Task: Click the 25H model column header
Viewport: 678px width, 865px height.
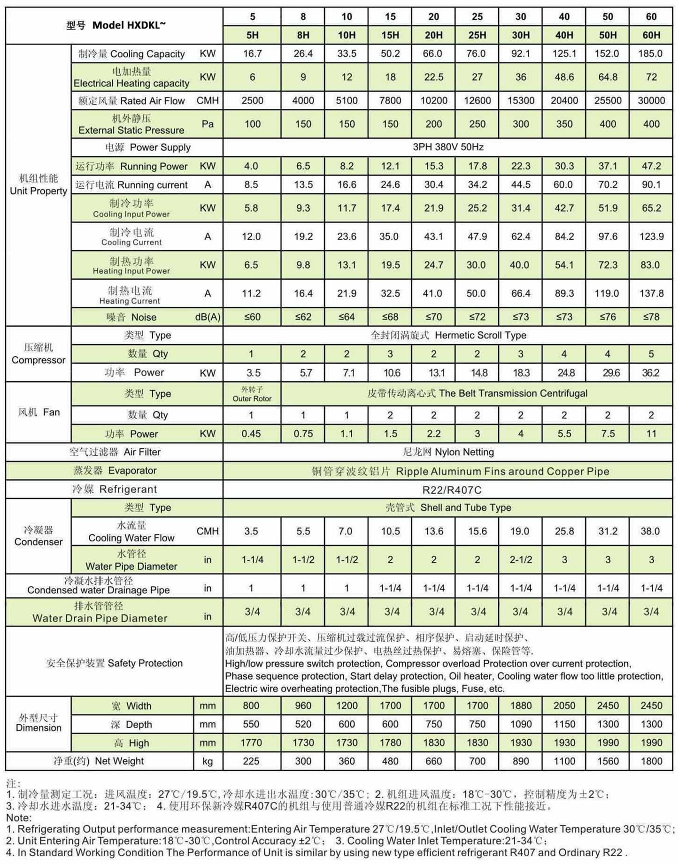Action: tap(477, 35)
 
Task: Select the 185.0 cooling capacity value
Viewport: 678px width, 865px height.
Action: tap(651, 54)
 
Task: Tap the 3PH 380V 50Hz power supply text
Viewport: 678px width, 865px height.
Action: tap(447, 147)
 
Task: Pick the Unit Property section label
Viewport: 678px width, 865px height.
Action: tap(39, 184)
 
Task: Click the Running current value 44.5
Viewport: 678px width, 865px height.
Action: tap(521, 185)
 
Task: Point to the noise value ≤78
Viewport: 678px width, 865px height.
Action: tap(651, 317)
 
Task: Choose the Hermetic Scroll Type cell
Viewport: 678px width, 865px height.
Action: tap(448, 335)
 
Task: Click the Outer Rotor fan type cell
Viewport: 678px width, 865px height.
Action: tap(252, 394)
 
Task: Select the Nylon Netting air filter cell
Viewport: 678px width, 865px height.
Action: tap(448, 452)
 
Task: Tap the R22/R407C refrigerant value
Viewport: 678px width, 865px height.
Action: tap(452, 490)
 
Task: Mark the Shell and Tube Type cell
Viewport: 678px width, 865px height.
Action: tap(448, 507)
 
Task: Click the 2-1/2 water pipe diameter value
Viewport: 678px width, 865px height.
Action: tap(521, 559)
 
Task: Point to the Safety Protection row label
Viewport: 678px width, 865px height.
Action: tap(114, 663)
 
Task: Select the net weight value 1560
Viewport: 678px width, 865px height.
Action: tap(608, 761)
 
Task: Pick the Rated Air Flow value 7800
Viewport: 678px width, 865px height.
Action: tap(390, 100)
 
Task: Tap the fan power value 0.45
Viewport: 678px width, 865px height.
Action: tap(251, 434)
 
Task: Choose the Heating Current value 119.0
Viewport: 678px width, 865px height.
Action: tap(607, 293)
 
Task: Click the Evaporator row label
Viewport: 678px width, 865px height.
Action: tap(115, 471)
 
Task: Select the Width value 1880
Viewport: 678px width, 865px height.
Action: tap(521, 705)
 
